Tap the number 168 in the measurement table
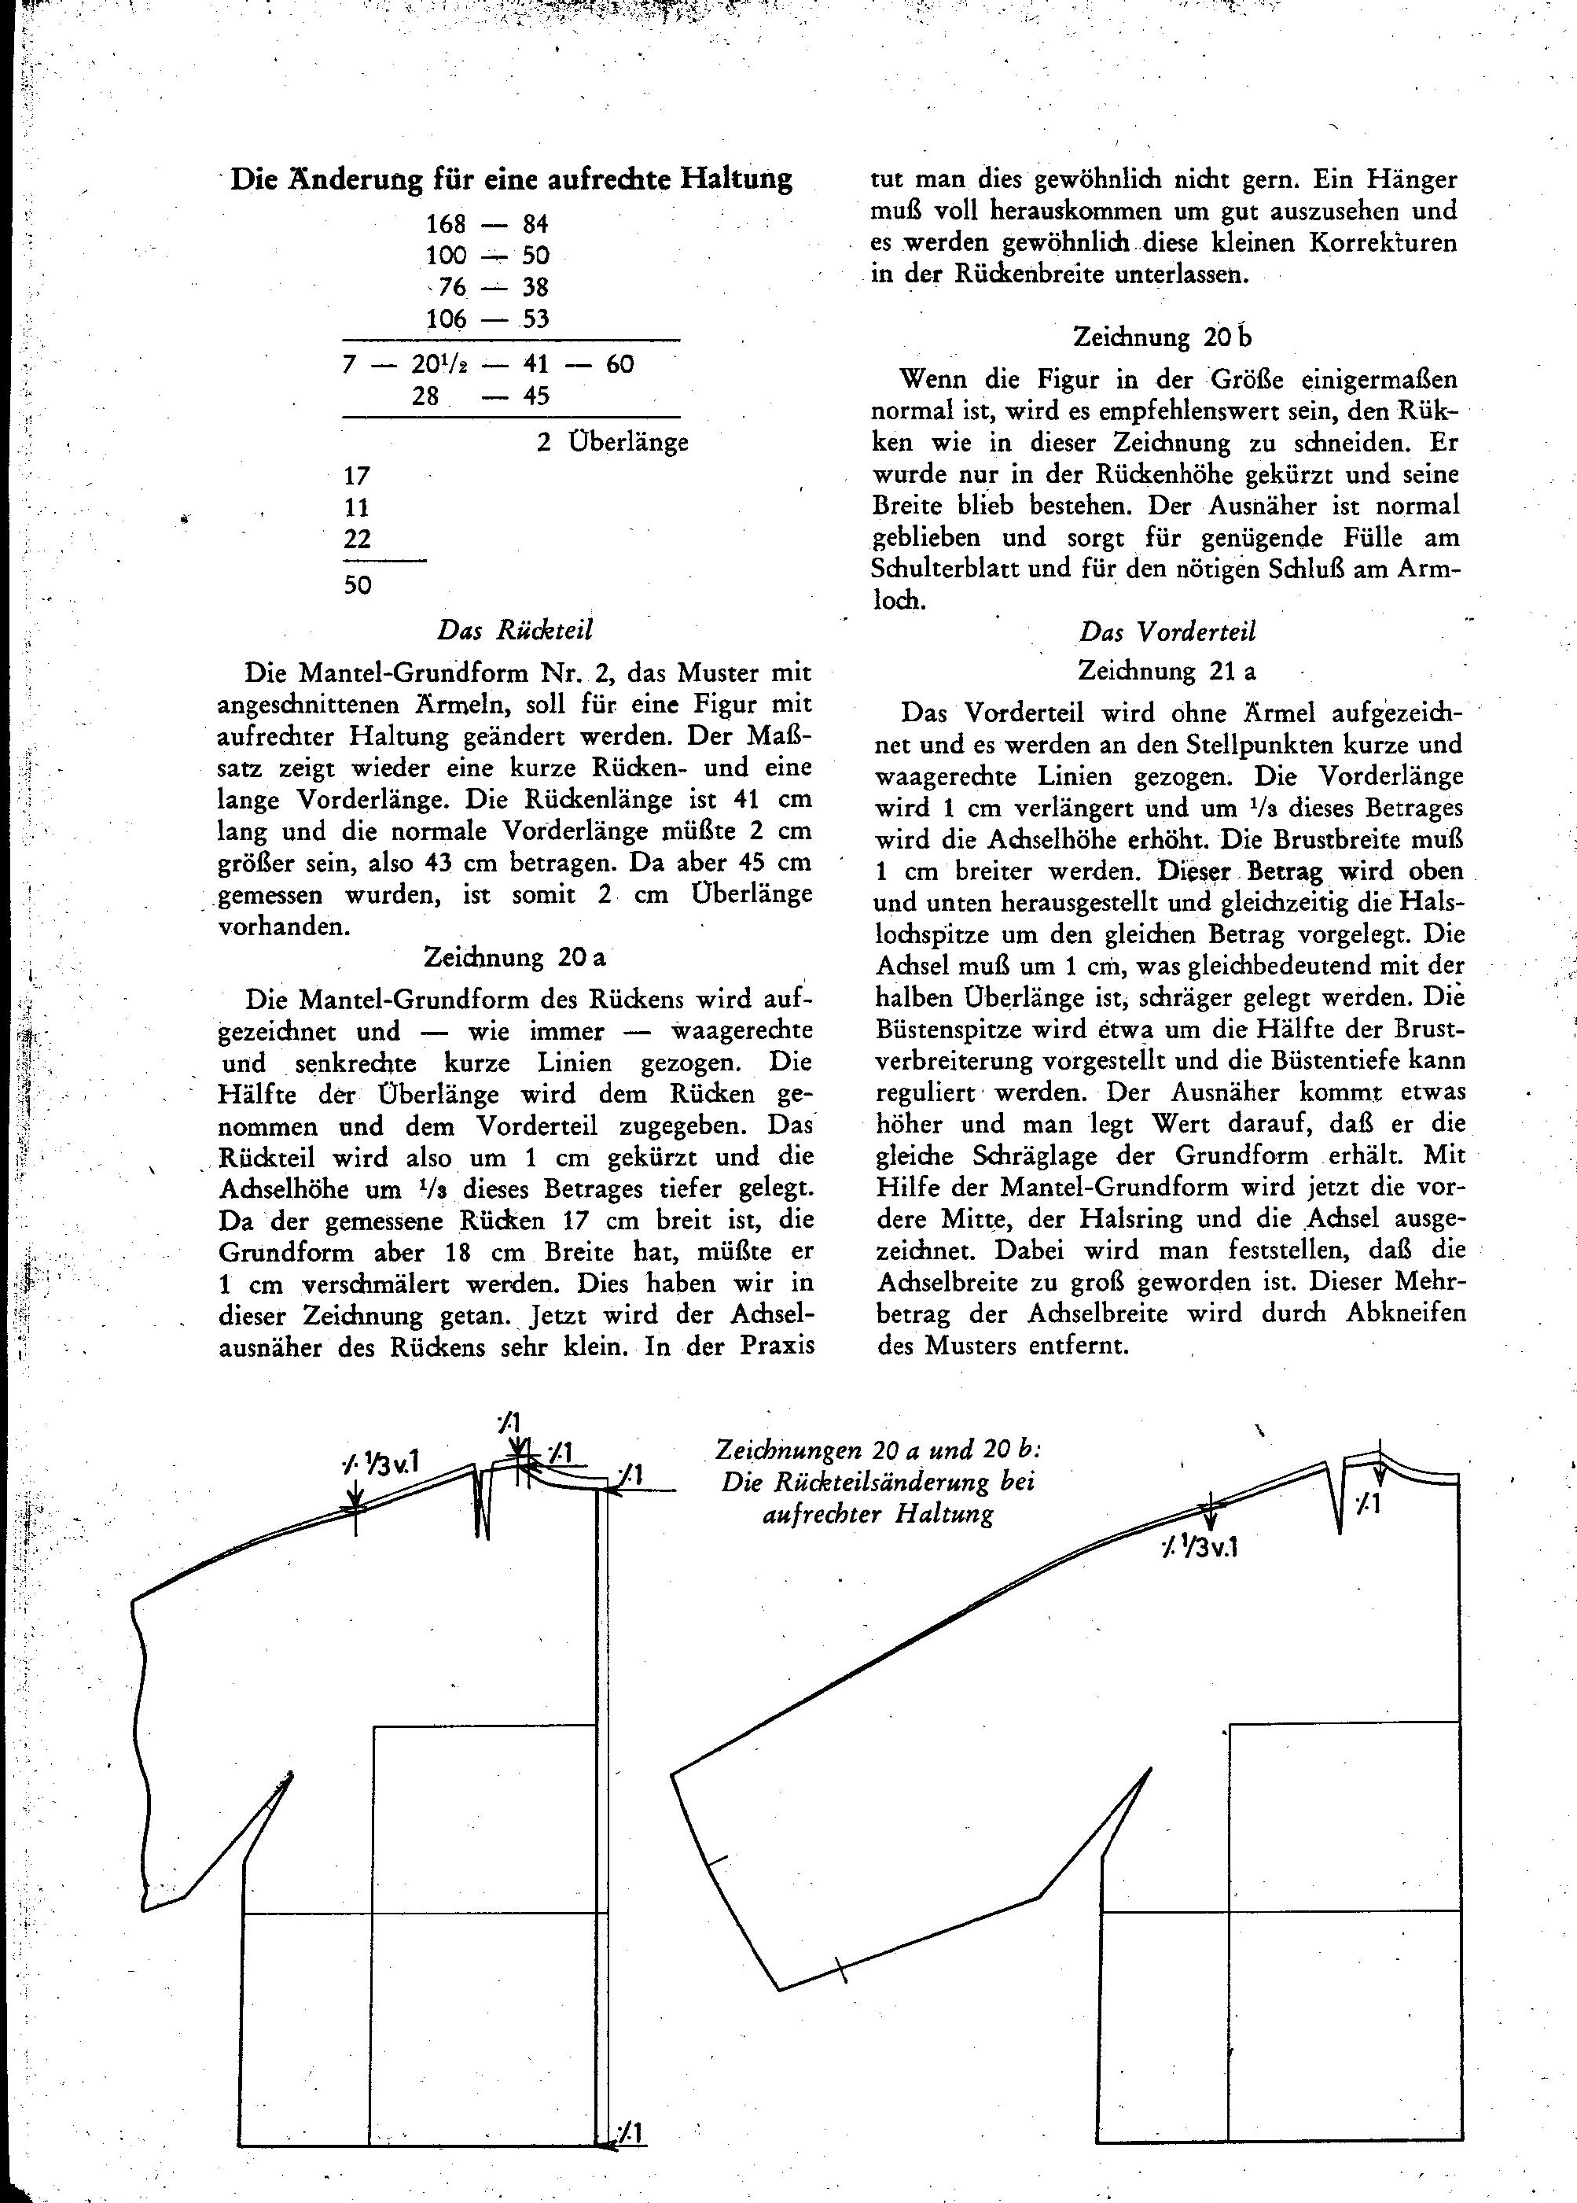(x=446, y=224)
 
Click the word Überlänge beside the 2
(x=628, y=442)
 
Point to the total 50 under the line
(x=358, y=584)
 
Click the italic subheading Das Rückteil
(x=515, y=631)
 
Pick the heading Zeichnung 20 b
(x=1163, y=337)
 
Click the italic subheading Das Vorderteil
(x=1167, y=632)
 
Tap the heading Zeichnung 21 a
(x=1167, y=670)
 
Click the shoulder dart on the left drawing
(x=483, y=1501)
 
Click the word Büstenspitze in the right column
(x=937, y=1029)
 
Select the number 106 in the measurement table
(x=446, y=319)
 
